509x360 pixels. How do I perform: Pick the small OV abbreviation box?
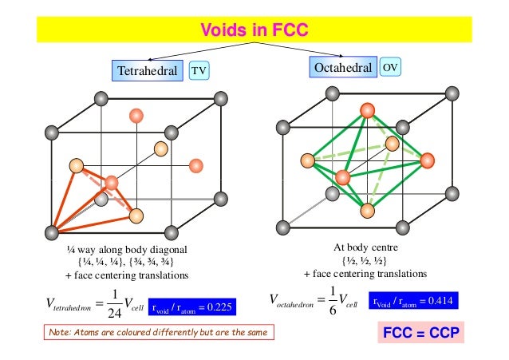point(389,67)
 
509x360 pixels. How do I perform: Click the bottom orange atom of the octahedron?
point(368,211)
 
